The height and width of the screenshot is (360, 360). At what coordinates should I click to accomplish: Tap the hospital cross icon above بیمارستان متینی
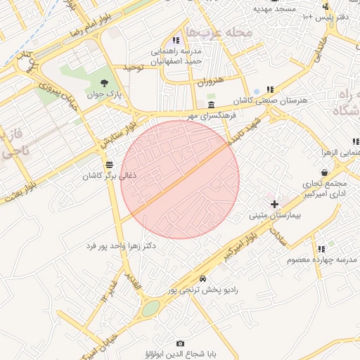(274, 204)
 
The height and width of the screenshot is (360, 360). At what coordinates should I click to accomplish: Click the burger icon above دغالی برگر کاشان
(108, 165)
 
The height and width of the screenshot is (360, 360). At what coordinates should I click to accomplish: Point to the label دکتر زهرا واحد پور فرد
(120, 247)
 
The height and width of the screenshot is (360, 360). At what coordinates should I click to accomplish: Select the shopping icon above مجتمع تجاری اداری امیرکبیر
(323, 172)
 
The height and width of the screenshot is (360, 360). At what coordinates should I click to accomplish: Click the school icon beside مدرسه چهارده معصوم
(321, 249)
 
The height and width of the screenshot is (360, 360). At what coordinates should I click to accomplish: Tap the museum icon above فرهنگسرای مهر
(211, 104)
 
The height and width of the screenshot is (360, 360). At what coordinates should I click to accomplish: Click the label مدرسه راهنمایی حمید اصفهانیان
(175, 56)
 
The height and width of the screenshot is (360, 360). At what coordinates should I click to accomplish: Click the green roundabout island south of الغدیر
(150, 308)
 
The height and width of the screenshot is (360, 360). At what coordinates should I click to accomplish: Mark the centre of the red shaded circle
(181, 179)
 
